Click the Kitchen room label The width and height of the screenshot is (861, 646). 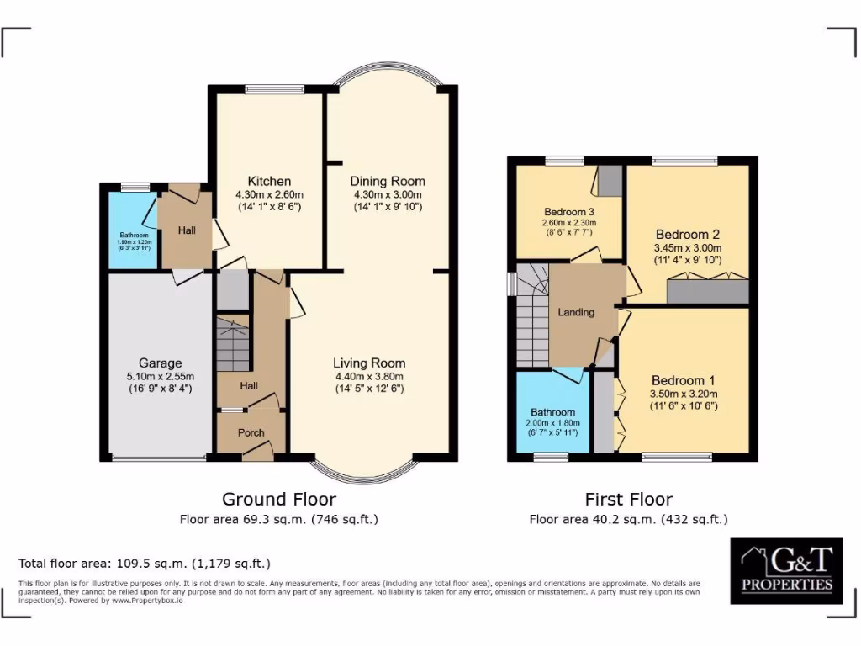click(269, 181)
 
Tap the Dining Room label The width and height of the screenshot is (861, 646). click(388, 181)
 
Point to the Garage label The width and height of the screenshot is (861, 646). click(160, 363)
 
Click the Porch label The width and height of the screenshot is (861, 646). click(251, 433)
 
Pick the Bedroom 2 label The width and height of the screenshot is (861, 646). click(687, 235)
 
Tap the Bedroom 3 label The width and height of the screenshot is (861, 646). click(569, 211)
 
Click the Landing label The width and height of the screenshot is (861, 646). click(576, 312)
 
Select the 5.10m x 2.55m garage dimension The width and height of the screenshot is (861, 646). click(160, 376)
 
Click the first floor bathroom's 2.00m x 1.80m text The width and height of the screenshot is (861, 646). click(552, 423)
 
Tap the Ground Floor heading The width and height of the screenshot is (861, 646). click(278, 500)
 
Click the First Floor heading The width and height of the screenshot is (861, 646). click(629, 500)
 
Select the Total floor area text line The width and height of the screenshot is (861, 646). click(145, 563)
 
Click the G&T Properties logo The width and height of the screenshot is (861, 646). click(786, 570)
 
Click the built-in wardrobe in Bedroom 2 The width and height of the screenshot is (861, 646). click(707, 290)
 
